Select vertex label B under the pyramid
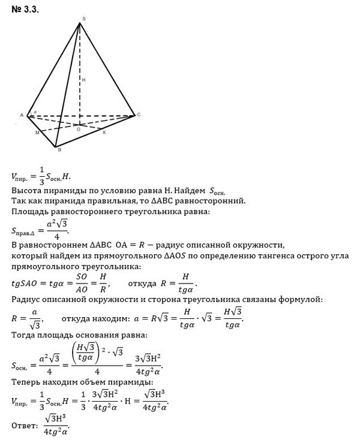59,150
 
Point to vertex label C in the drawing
139,114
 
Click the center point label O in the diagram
77,129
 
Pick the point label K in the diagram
104,132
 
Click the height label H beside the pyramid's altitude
83,79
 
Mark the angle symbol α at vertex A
35,111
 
